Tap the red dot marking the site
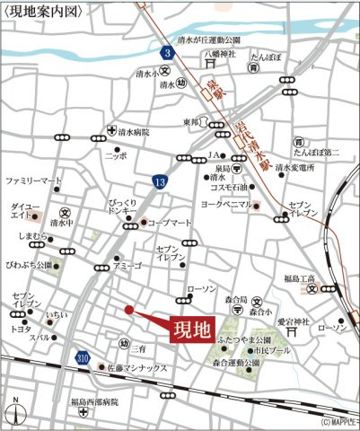coord(129,310)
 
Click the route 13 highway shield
coord(159,182)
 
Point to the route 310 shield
coord(83,358)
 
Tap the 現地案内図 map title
coord(43,12)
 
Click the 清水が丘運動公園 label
coord(209,40)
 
